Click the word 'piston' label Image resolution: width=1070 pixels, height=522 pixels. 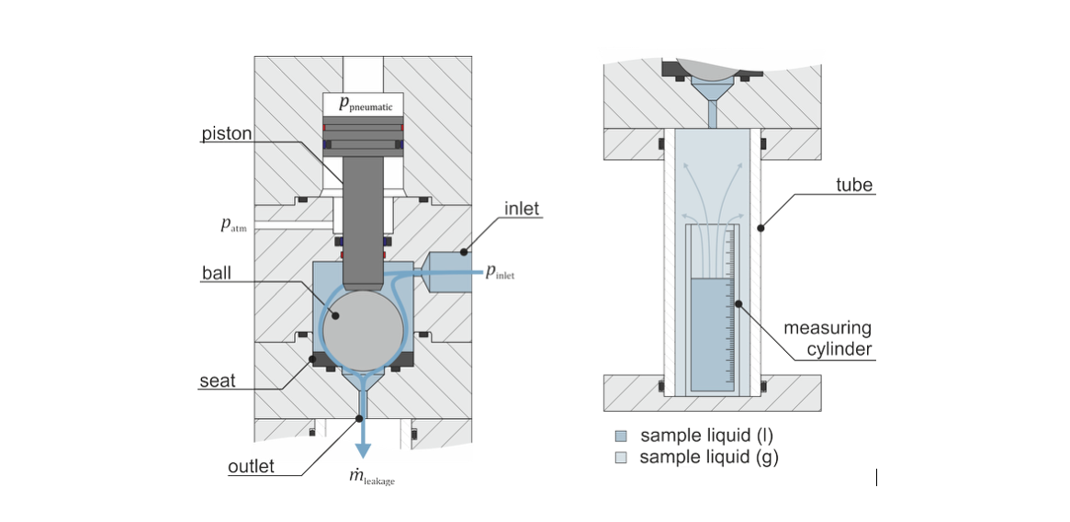(x=227, y=134)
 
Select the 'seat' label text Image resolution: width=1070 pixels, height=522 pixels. (x=217, y=380)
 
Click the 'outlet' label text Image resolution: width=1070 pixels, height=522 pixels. (x=251, y=467)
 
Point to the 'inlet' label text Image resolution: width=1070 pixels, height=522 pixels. (x=523, y=209)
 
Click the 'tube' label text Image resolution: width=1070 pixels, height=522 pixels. (x=854, y=185)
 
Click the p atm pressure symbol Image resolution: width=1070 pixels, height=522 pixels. (x=234, y=225)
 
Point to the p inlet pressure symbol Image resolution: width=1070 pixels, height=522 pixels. (x=500, y=271)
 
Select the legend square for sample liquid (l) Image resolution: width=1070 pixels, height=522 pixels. (x=621, y=436)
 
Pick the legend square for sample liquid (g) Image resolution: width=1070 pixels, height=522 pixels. (x=621, y=457)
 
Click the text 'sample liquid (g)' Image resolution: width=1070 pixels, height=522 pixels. (x=708, y=457)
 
